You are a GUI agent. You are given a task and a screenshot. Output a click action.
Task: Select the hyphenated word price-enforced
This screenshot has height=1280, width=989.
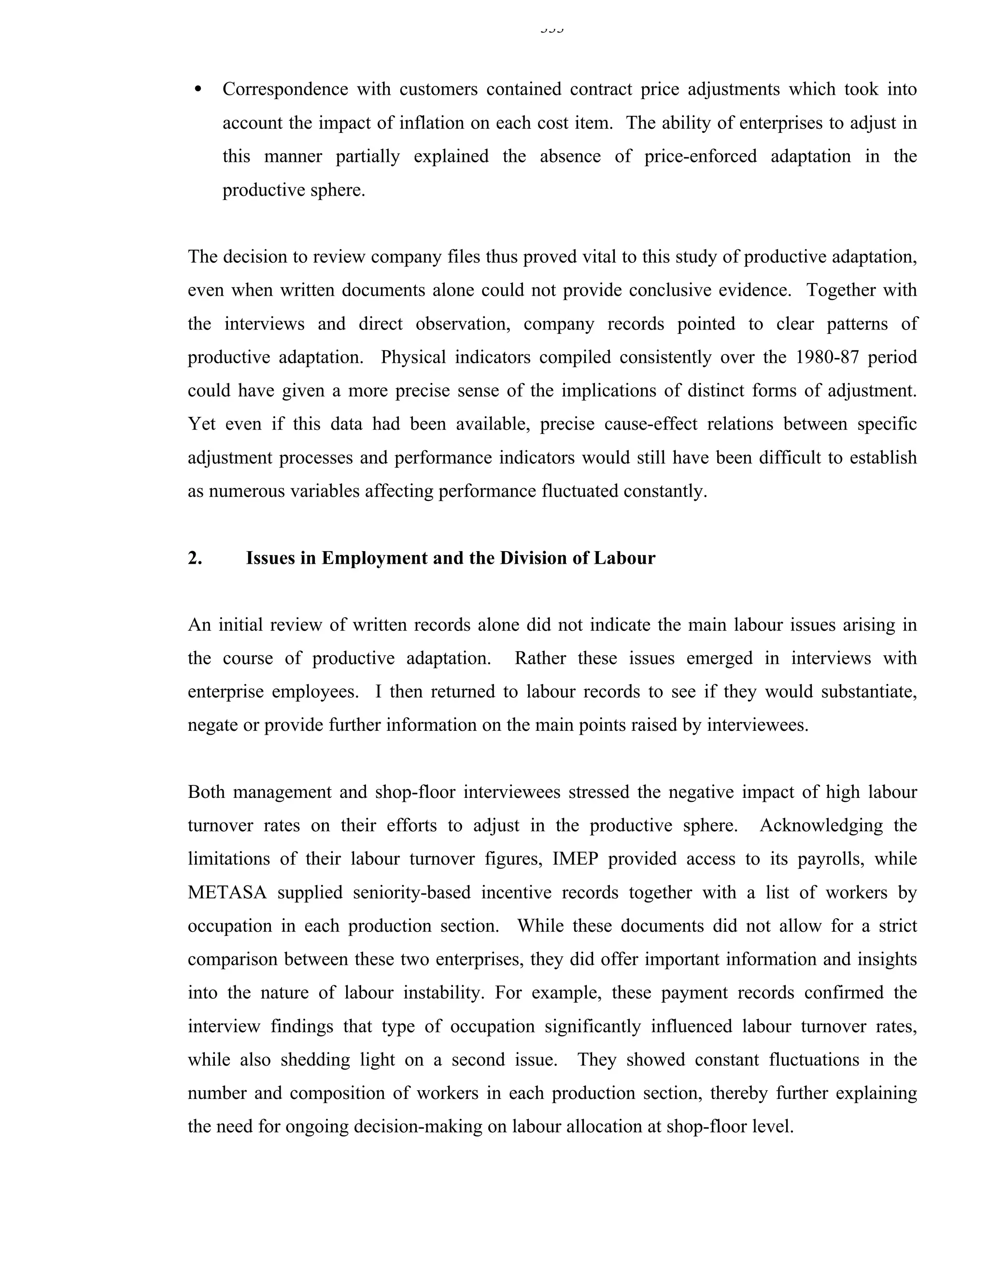point(700,156)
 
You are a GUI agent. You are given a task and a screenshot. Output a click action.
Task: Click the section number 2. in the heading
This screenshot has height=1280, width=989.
point(195,558)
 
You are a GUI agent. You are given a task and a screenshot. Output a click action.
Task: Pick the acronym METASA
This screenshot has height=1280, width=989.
point(227,893)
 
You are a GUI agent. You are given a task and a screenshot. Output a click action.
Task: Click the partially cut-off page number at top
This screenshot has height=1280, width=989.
point(551,28)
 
